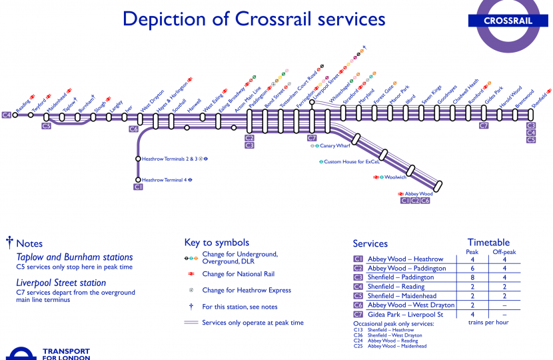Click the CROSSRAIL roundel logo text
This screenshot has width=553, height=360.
pyautogui.click(x=508, y=21)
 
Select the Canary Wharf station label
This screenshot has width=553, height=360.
pyautogui.click(x=335, y=145)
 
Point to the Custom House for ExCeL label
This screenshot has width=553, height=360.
pyautogui.click(x=351, y=162)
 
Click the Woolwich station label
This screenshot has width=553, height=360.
pyautogui.click(x=396, y=177)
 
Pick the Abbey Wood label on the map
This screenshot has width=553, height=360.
pyautogui.click(x=419, y=194)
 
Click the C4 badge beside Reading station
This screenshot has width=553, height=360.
pyautogui.click(x=7, y=115)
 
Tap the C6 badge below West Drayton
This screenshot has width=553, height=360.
pyautogui.click(x=134, y=129)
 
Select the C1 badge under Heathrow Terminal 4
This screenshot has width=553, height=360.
pyautogui.click(x=139, y=187)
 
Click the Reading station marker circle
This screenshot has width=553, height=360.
pyautogui.click(x=15, y=115)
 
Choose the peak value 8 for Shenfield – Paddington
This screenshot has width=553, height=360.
pyautogui.click(x=472, y=277)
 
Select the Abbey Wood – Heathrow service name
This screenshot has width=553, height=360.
pyautogui.click(x=405, y=259)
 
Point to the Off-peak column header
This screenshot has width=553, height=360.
pyautogui.click(x=504, y=252)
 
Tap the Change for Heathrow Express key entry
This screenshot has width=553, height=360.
pyautogui.click(x=247, y=291)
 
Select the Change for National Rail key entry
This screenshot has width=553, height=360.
pyautogui.click(x=238, y=274)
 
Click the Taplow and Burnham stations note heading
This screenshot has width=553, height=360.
pyautogui.click(x=75, y=257)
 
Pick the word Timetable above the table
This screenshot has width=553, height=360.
pyautogui.click(x=488, y=243)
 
